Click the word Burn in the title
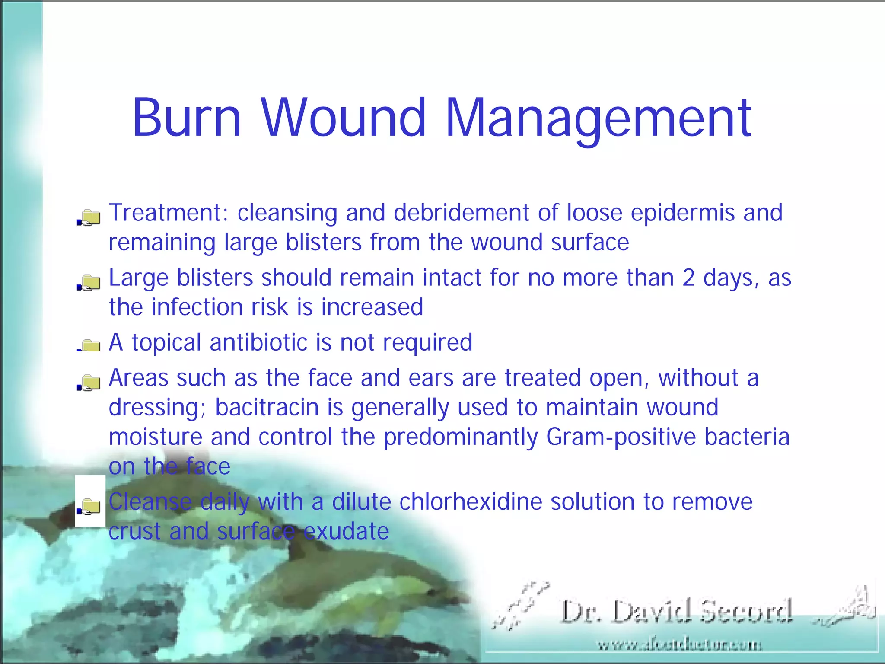(186, 118)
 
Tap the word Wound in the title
(344, 118)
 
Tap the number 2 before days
(688, 278)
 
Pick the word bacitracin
(267, 408)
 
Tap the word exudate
(346, 531)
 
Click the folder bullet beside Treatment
(90, 217)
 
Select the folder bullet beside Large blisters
(90, 282)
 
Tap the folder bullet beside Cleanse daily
(90, 506)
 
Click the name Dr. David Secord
(677, 611)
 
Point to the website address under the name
(679, 645)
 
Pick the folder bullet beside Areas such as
(90, 383)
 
